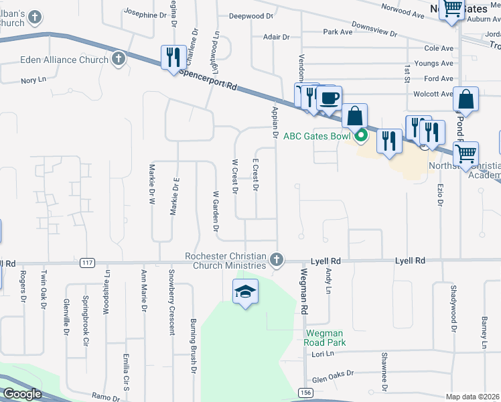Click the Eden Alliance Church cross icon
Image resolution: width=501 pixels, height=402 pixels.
[x=119, y=59]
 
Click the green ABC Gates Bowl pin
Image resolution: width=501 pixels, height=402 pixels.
[x=362, y=136]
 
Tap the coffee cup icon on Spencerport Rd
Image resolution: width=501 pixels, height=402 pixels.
[x=328, y=99]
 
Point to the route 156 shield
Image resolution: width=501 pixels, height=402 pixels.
[x=304, y=391]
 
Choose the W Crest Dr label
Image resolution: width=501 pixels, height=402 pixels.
[x=234, y=176]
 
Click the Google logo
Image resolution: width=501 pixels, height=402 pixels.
[x=23, y=394]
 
